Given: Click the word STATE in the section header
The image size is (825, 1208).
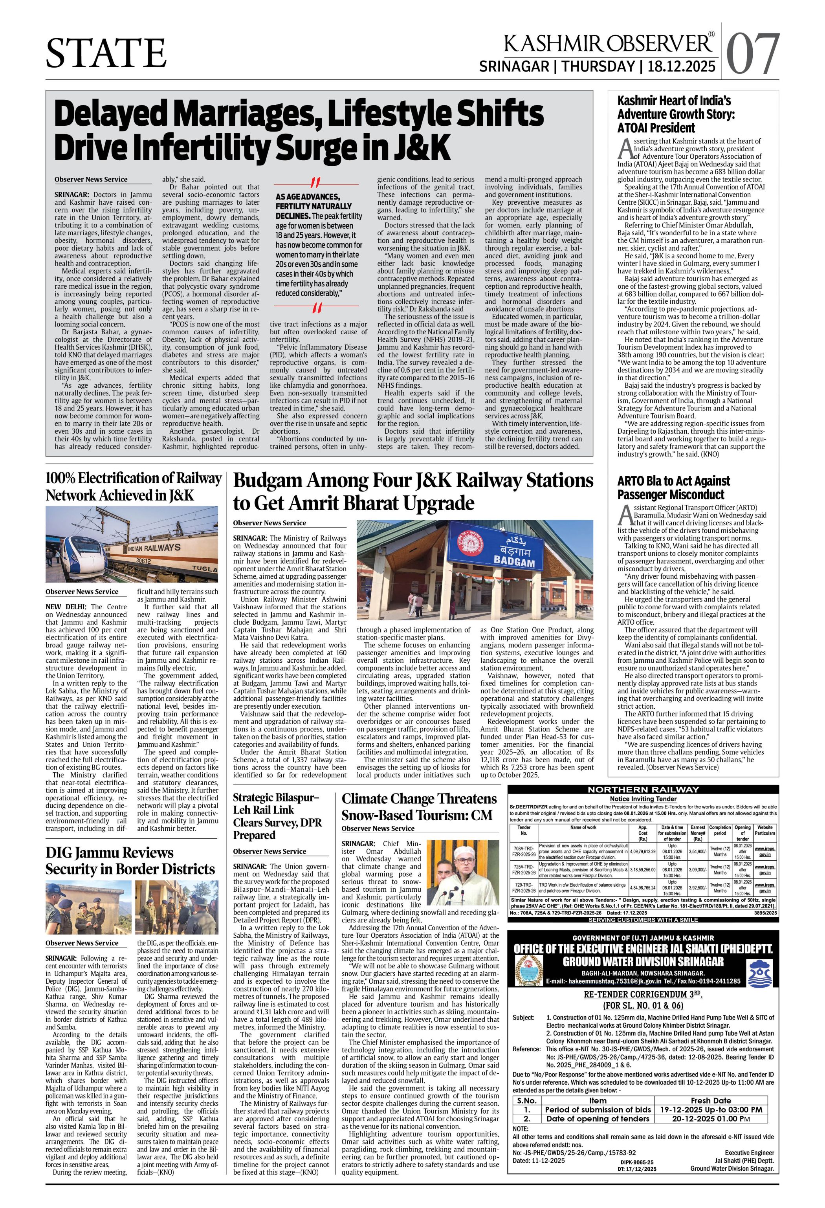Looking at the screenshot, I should [106, 53].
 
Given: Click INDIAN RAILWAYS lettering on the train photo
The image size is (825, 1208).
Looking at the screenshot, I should [153, 548].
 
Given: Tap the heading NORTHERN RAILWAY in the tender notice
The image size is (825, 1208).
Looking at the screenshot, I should [643, 790].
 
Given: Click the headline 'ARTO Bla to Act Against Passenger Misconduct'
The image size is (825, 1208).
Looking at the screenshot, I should [673, 487].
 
